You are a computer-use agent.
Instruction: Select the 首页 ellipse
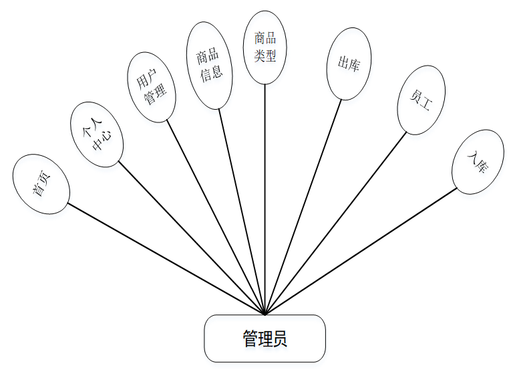tap(41, 184)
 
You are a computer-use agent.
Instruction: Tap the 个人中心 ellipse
tap(97, 134)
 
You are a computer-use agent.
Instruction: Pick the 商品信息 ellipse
tap(208, 65)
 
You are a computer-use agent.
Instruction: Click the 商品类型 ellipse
tap(265, 47)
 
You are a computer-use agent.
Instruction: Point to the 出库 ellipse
tap(349, 64)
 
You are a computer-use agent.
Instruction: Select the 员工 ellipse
tap(421, 99)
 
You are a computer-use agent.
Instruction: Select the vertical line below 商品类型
tap(265, 201)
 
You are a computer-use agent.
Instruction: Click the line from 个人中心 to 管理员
tap(192, 238)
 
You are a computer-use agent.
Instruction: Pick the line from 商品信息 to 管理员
tap(242, 211)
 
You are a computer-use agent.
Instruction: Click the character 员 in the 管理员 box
tap(281, 339)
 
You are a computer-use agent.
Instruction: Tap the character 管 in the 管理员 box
tap(250, 339)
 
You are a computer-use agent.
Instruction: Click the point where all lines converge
tap(265, 314)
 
